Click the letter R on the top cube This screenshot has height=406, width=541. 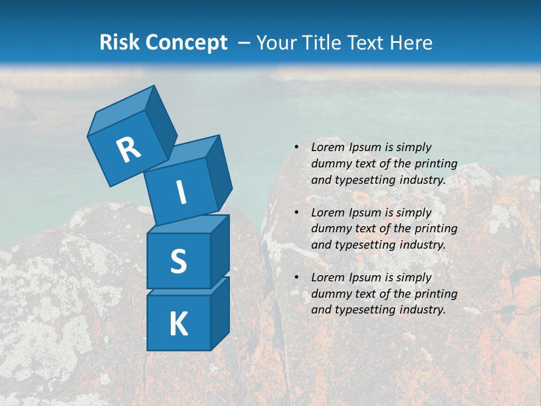pos(128,150)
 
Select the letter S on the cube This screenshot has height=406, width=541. pos(178,261)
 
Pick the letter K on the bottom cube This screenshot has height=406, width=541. pos(178,324)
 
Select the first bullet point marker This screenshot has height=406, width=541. pos(296,147)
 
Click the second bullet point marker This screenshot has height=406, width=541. pos(296,213)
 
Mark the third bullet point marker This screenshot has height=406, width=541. pos(296,277)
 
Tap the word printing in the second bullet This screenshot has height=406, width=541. pos(436,229)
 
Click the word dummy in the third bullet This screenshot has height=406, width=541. pos(330,294)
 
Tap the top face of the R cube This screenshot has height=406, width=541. pos(121,111)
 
